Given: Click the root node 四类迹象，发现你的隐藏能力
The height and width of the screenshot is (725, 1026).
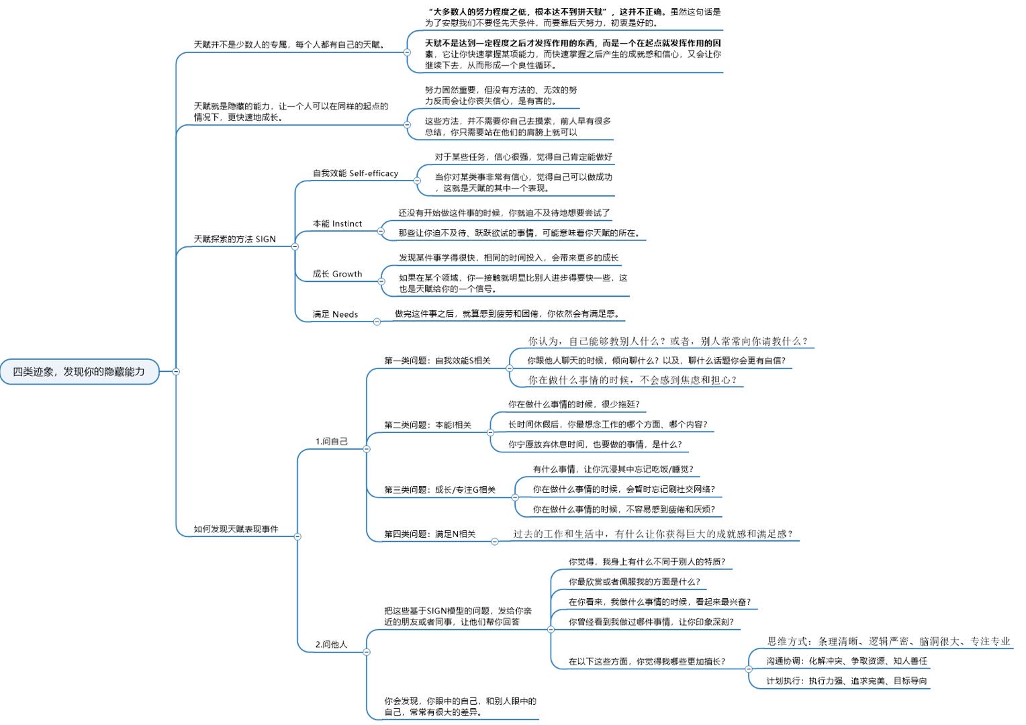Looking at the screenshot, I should click(79, 371).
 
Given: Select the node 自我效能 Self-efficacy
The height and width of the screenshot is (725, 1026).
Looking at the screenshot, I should click(355, 173).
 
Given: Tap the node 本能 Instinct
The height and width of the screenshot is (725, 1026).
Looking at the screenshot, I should click(337, 224).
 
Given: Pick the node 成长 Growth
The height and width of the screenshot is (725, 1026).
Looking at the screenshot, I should click(337, 274).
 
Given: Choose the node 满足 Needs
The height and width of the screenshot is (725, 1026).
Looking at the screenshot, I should click(335, 314).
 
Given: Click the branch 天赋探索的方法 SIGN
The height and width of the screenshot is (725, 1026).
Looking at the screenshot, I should click(234, 239).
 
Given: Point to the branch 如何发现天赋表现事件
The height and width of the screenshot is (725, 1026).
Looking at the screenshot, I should click(236, 529).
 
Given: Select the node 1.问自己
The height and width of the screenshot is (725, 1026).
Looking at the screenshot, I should click(332, 441).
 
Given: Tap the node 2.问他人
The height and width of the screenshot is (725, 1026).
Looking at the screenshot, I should click(332, 644).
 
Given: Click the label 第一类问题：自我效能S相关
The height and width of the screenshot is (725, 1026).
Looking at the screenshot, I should click(437, 360).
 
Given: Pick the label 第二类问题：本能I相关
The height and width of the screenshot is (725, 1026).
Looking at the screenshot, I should click(428, 425).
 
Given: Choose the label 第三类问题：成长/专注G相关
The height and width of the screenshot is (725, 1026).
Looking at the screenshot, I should click(440, 490).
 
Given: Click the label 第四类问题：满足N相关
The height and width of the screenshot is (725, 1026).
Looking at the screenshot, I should click(430, 534).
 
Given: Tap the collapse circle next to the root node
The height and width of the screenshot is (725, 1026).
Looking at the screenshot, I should click(176, 371).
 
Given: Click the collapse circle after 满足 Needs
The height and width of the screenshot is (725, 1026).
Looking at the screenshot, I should click(377, 322).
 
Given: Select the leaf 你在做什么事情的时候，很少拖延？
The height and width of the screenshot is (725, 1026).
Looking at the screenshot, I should click(573, 404).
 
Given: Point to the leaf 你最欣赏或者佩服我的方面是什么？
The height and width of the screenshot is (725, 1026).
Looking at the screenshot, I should click(634, 582).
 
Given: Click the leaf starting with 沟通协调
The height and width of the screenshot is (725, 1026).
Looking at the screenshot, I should click(847, 661).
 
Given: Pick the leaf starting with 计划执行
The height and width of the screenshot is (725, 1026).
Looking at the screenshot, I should click(847, 681).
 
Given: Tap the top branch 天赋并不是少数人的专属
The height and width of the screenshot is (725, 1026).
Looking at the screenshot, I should click(289, 45).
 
